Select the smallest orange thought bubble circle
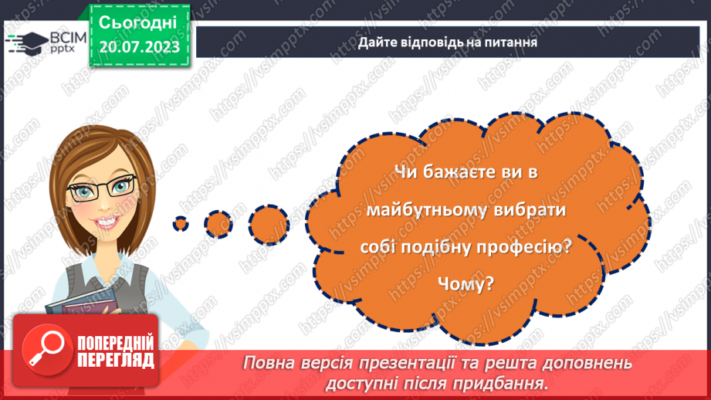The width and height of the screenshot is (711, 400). (181, 223)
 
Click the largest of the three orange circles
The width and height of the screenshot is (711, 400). (269, 222)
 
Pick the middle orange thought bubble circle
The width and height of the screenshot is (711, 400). (218, 223)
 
